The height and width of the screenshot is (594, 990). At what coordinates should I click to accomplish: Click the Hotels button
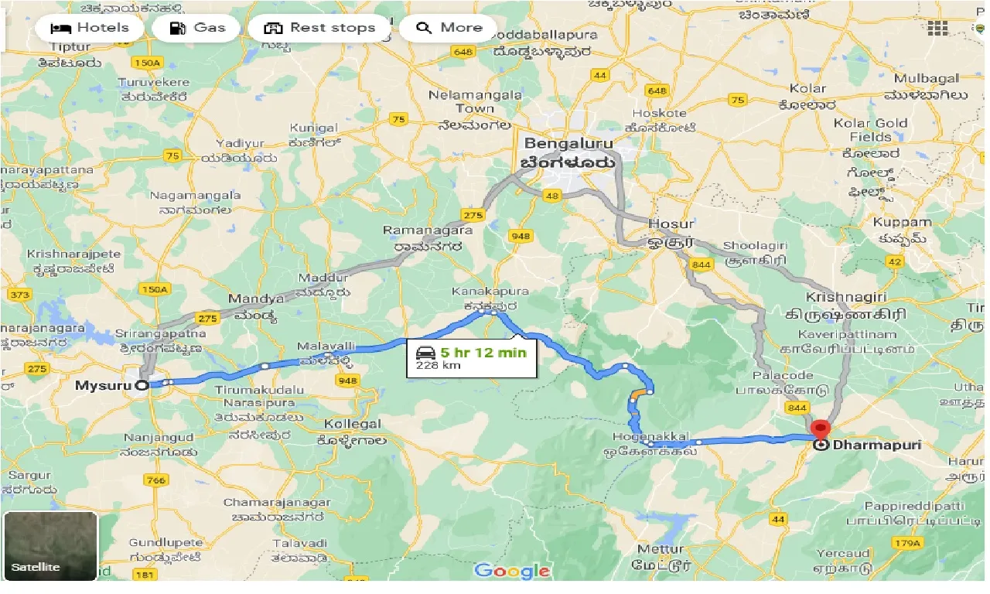click(90, 28)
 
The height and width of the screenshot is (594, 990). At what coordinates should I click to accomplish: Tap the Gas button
click(198, 28)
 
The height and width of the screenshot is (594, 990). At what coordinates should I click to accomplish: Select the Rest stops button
click(320, 28)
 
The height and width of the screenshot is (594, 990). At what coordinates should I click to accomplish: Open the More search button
click(449, 28)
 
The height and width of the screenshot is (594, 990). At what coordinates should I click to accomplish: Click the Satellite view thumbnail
click(50, 546)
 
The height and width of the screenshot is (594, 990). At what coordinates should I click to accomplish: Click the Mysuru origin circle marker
click(142, 385)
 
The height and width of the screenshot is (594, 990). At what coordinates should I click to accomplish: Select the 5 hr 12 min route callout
click(472, 358)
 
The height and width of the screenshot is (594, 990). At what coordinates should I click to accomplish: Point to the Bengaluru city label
click(568, 144)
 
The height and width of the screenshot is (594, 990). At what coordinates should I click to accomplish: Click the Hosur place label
click(671, 224)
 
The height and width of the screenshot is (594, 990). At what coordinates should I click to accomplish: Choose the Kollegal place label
click(353, 424)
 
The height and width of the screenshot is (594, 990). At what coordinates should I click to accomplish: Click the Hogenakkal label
click(648, 438)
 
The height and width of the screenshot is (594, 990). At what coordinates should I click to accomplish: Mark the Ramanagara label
click(428, 230)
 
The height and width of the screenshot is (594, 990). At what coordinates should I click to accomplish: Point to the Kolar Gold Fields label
click(870, 130)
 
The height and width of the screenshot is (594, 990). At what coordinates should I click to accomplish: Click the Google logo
click(511, 572)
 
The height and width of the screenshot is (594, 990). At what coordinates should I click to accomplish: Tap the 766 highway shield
click(155, 480)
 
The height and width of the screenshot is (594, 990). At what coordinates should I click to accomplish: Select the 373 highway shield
click(19, 295)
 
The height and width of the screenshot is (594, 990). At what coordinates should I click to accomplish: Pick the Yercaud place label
click(845, 554)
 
